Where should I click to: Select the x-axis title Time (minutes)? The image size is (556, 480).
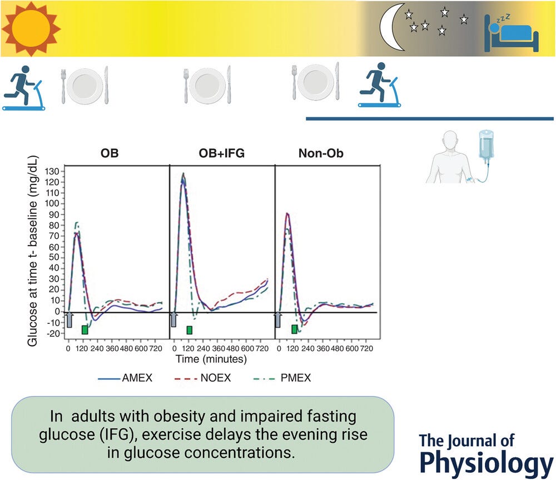pos(211,359)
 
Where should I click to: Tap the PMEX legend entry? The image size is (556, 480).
pos(299,378)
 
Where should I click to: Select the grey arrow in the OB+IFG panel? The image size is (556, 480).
pos(174,319)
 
